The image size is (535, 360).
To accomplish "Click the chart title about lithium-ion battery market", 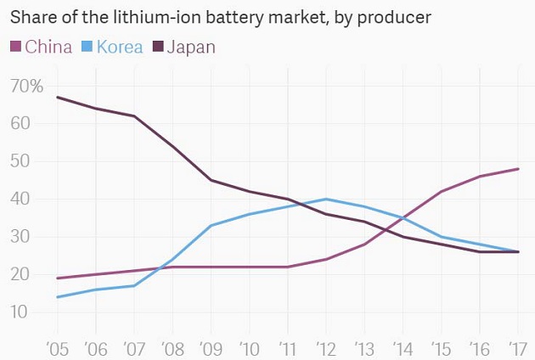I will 220,17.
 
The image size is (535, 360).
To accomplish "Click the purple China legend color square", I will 14,47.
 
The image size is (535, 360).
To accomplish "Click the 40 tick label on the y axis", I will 20,200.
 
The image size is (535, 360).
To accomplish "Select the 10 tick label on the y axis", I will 20,312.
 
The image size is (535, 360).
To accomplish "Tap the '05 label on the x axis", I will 56,347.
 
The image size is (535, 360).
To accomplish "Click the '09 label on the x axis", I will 211,347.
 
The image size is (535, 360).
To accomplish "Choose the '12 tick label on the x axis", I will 326,347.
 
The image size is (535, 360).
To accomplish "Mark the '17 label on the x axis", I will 517,347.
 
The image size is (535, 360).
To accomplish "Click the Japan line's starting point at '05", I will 57,97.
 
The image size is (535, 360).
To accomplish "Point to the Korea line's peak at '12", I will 326,199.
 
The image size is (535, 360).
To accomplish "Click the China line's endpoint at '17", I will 518,169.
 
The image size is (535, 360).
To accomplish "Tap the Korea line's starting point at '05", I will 57,297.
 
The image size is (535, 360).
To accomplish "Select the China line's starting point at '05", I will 57,278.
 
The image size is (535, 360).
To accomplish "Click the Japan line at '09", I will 211,180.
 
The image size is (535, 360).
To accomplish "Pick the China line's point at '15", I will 442,191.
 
